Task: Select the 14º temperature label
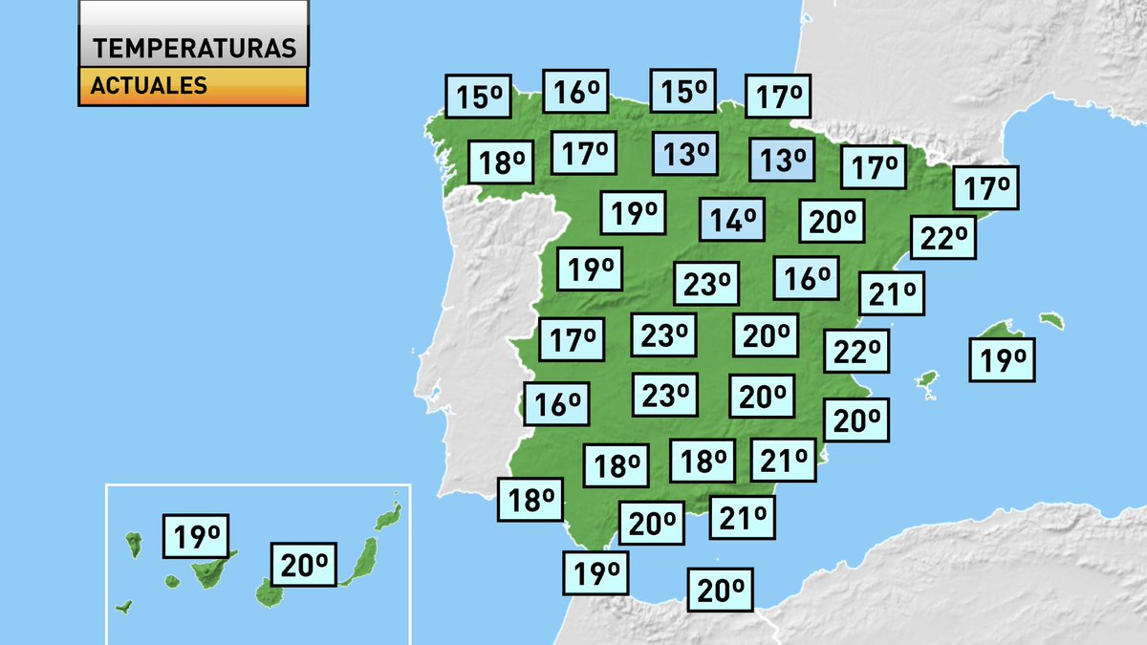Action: pyautogui.click(x=733, y=221)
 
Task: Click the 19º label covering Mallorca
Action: pyautogui.click(x=1003, y=360)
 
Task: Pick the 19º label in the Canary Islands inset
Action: pyautogui.click(x=197, y=537)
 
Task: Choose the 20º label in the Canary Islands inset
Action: pyautogui.click(x=305, y=566)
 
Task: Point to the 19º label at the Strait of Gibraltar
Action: pyautogui.click(x=598, y=573)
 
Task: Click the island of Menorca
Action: pyautogui.click(x=1051, y=320)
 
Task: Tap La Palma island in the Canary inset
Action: pyautogui.click(x=134, y=545)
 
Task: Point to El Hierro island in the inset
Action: pyautogui.click(x=123, y=606)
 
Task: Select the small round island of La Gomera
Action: pyautogui.click(x=172, y=581)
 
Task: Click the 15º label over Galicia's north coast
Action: pyautogui.click(x=479, y=97)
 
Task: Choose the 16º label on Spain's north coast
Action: pyautogui.click(x=575, y=93)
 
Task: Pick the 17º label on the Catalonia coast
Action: pyautogui.click(x=986, y=188)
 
